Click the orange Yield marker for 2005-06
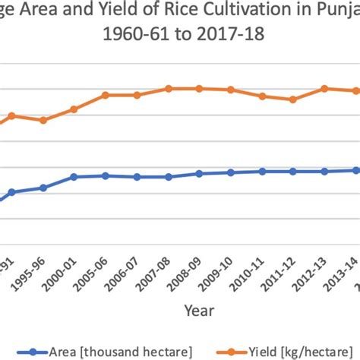[106, 95]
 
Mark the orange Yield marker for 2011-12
[293, 99]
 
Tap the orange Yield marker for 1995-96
[43, 120]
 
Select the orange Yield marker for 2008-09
[199, 88]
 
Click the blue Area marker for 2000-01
[74, 177]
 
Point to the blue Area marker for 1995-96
[43, 188]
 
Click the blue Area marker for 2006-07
[137, 177]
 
